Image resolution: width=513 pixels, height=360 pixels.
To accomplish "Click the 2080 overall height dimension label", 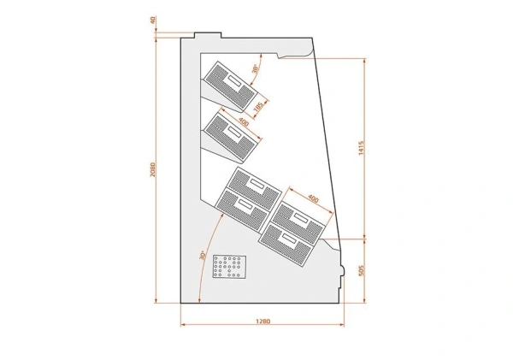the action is pyautogui.click(x=153, y=169).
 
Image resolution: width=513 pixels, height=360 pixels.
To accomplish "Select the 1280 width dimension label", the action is pyautogui.click(x=263, y=321).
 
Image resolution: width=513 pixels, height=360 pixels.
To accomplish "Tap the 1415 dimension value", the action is pyautogui.click(x=361, y=148).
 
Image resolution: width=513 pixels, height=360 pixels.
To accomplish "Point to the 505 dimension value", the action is pyautogui.click(x=361, y=270).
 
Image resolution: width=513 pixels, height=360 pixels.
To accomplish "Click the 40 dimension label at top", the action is pyautogui.click(x=153, y=21).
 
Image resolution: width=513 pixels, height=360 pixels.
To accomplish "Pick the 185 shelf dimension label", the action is pyautogui.click(x=258, y=106).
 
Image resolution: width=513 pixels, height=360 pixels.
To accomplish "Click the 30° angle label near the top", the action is pyautogui.click(x=256, y=68).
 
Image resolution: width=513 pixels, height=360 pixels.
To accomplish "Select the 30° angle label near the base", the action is pyautogui.click(x=203, y=256).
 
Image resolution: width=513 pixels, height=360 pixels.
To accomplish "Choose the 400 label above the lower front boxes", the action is pyautogui.click(x=313, y=198).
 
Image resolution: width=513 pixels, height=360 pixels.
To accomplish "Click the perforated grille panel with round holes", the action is pyautogui.click(x=229, y=267).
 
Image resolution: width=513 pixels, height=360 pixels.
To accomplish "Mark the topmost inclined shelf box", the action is pyautogui.click(x=230, y=86).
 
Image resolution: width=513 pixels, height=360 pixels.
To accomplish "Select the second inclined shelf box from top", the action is pyautogui.click(x=233, y=138).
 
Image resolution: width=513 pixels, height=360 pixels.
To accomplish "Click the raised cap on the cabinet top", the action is pyautogui.click(x=208, y=35).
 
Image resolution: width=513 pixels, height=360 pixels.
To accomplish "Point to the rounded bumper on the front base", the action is pyautogui.click(x=342, y=271).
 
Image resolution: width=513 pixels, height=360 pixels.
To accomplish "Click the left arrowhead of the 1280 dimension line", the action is pyautogui.click(x=183, y=325).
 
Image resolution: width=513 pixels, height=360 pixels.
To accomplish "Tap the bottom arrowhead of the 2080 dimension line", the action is pyautogui.click(x=156, y=301).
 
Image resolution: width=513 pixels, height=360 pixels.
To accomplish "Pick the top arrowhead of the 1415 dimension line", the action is pyautogui.click(x=365, y=61).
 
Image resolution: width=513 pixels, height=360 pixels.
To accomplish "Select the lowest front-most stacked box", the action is pyautogui.click(x=286, y=245).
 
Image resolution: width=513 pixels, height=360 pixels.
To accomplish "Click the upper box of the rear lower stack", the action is pyautogui.click(x=255, y=188).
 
